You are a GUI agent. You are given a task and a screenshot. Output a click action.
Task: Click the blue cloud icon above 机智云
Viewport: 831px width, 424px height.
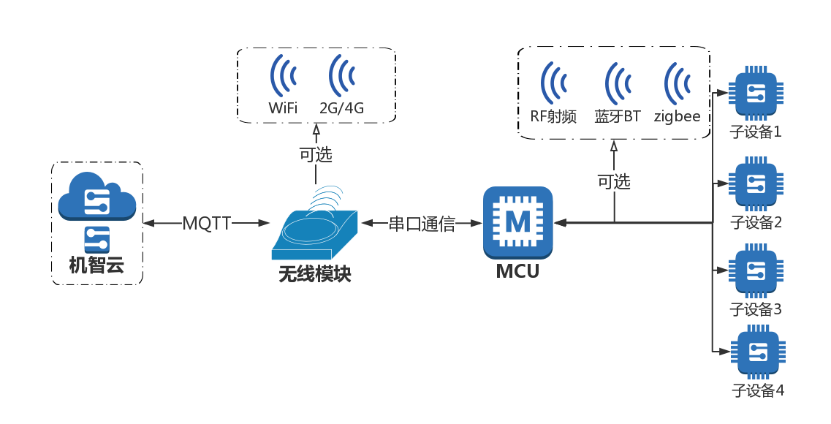[x=96, y=197]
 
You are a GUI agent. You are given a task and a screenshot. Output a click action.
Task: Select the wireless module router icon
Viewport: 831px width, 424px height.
[x=315, y=230]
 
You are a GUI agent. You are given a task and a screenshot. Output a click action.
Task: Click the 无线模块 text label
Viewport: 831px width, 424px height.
[x=315, y=274]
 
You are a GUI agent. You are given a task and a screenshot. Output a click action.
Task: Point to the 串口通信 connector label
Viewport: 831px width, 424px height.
[x=422, y=224]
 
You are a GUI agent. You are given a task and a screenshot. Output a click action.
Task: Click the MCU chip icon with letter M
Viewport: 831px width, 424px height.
[x=517, y=222]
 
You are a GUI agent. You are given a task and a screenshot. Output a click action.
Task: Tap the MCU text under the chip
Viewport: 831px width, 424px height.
[x=517, y=272]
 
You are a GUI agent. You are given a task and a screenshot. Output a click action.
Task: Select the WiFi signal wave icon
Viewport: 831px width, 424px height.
[x=283, y=75]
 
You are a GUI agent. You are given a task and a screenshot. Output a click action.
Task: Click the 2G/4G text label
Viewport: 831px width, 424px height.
[x=341, y=108]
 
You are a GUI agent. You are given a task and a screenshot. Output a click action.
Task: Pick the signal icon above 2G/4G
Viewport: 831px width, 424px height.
[x=341, y=75]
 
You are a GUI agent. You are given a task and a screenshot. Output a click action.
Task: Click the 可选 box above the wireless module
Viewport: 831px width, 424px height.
[x=316, y=154]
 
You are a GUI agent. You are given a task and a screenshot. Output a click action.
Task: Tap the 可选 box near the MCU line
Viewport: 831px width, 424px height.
[x=614, y=181]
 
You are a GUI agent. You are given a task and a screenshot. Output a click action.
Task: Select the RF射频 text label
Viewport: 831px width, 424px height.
[x=553, y=116]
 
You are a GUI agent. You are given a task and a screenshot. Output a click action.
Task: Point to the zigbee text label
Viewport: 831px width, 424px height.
[x=677, y=116]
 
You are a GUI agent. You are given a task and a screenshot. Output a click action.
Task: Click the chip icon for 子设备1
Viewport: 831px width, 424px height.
[x=756, y=94]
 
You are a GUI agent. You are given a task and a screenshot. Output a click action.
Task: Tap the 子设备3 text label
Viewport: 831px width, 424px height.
[x=756, y=309]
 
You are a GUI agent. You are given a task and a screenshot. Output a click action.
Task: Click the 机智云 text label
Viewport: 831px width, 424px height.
[x=96, y=265]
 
